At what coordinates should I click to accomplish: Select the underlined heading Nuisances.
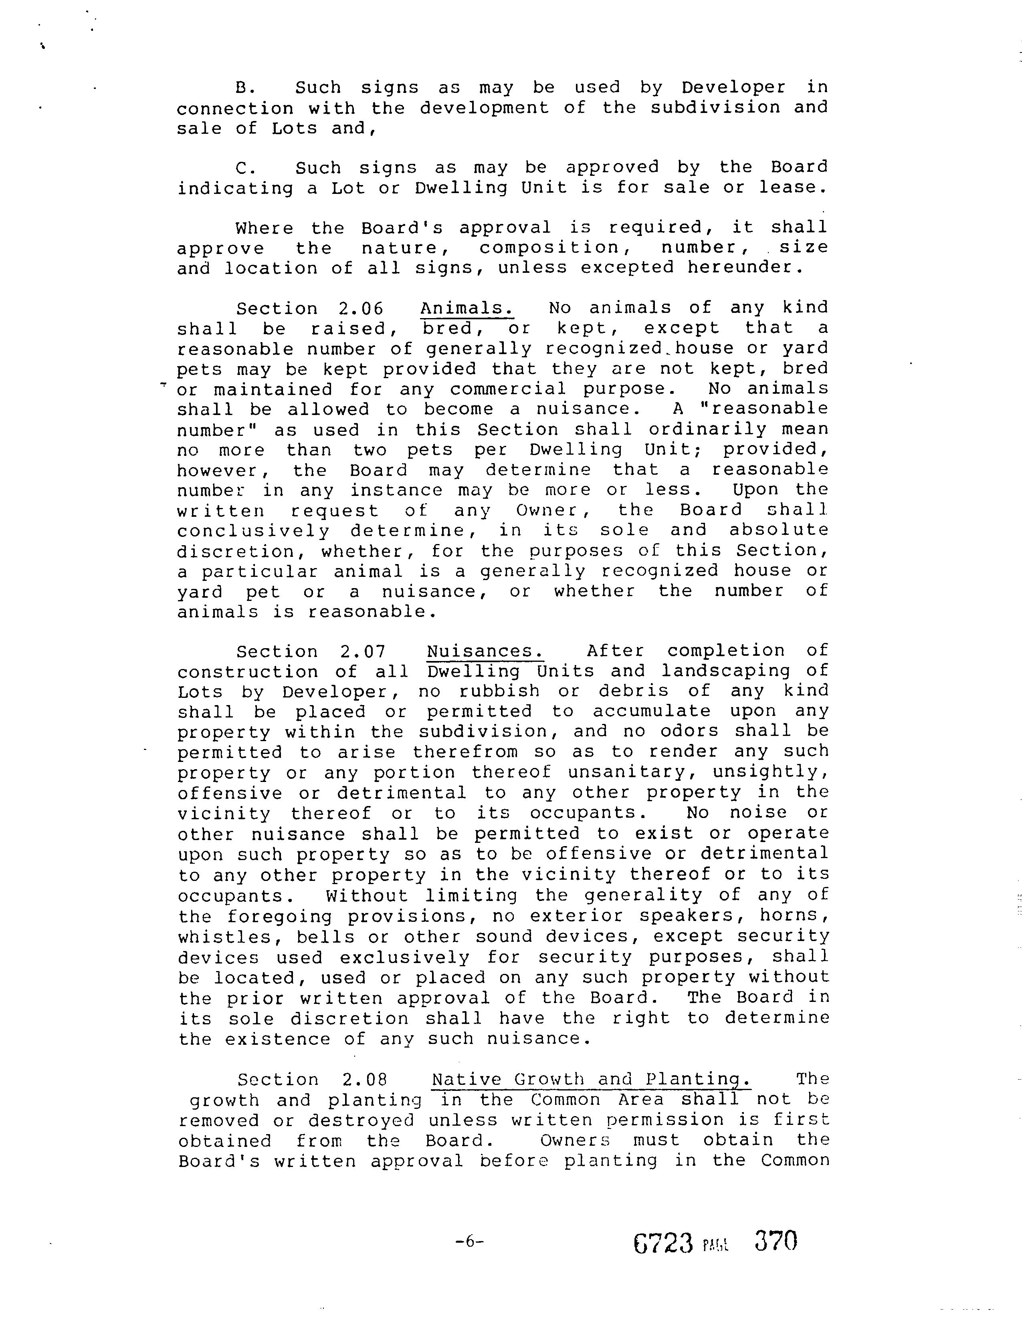[485, 651]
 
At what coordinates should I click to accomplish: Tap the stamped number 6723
[662, 1243]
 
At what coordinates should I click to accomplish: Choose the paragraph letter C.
[243, 168]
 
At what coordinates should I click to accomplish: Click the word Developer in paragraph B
[733, 88]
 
